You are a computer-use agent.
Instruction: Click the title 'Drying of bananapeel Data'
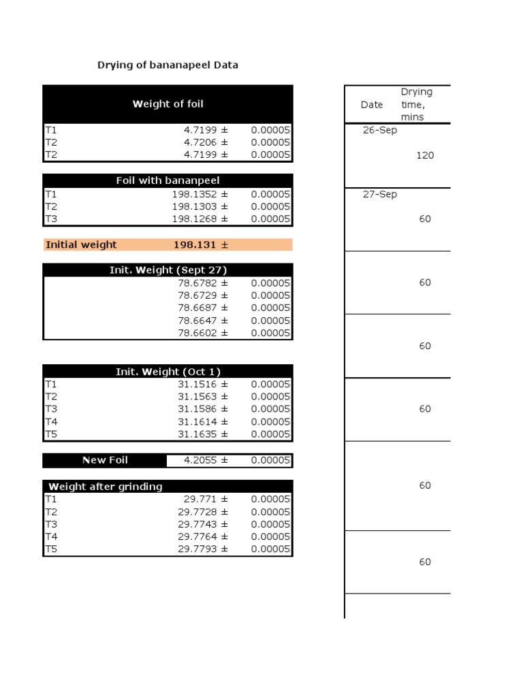click(168, 65)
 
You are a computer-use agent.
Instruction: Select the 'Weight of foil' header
click(168, 104)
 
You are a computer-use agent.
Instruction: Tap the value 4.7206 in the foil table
click(201, 142)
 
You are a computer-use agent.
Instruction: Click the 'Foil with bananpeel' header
click(168, 180)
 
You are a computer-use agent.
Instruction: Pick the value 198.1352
click(195, 194)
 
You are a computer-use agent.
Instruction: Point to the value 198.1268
click(195, 218)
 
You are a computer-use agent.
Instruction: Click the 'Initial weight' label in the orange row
click(81, 244)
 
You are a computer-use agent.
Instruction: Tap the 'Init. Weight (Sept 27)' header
click(168, 270)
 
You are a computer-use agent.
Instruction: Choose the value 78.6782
click(197, 283)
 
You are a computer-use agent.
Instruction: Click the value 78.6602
click(197, 333)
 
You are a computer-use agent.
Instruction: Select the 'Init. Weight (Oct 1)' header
click(168, 372)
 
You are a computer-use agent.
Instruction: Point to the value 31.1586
click(197, 409)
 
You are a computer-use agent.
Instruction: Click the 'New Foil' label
click(105, 460)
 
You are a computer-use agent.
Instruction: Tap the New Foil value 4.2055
click(201, 460)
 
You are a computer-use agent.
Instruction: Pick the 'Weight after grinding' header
click(106, 487)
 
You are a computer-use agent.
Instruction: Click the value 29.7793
click(197, 549)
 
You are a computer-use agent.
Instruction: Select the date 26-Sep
click(380, 130)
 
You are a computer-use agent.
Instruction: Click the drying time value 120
click(425, 155)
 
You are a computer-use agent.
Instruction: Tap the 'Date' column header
click(372, 105)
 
